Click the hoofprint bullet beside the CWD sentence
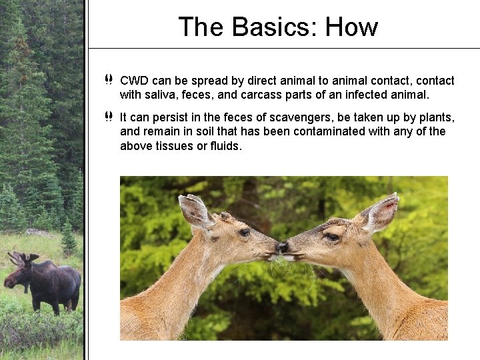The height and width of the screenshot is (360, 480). pyautogui.click(x=109, y=81)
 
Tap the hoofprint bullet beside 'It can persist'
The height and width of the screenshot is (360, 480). pyautogui.click(x=109, y=117)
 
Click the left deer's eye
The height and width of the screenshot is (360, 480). pyautogui.click(x=245, y=232)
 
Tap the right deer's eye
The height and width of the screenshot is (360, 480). pyautogui.click(x=331, y=236)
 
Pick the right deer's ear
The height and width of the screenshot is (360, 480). pyautogui.click(x=381, y=212)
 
